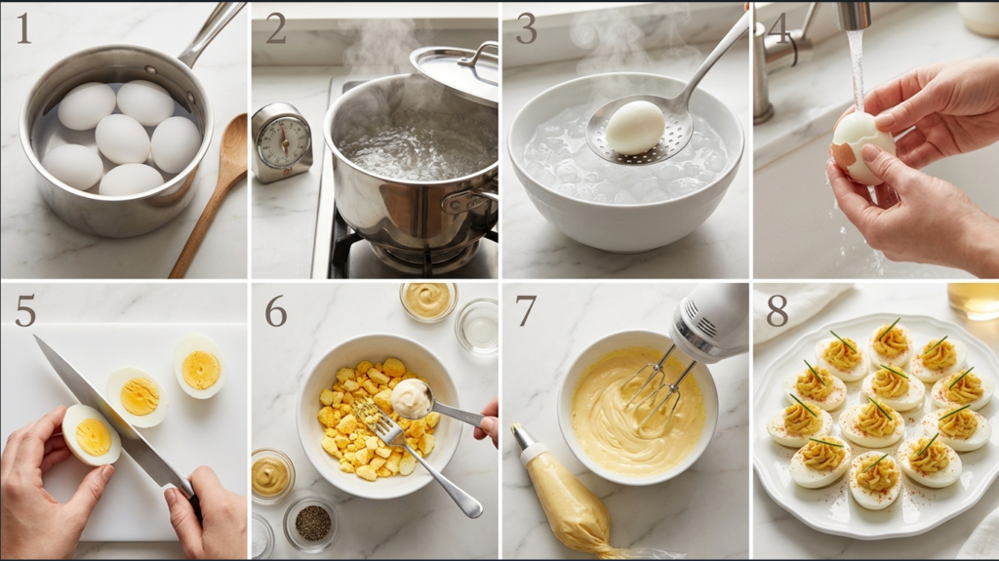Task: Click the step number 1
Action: (22, 28)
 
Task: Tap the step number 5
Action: (24, 309)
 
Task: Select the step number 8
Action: (777, 309)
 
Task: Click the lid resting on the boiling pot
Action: (455, 70)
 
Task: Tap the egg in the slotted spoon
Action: (635, 127)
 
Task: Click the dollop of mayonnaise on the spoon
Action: (410, 396)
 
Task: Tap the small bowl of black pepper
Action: (312, 523)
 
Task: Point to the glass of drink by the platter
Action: (973, 301)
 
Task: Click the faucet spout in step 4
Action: (854, 17)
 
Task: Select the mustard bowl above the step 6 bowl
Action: (427, 300)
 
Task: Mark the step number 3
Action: (526, 28)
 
